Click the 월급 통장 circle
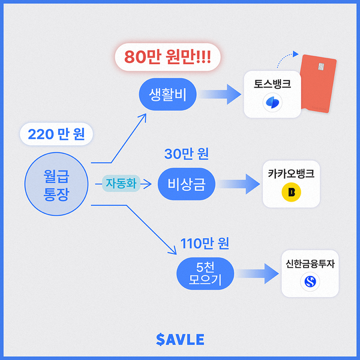[x=56, y=184]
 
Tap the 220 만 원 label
[x=56, y=134]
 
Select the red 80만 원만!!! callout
[x=167, y=57]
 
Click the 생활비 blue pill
[x=167, y=94]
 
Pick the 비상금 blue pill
[x=187, y=184]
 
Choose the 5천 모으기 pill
[x=205, y=274]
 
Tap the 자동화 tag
[x=121, y=184]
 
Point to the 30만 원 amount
[x=187, y=154]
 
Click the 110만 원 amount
[x=205, y=244]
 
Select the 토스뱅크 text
[x=272, y=84]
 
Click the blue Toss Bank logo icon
[x=272, y=103]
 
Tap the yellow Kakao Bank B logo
[x=291, y=192]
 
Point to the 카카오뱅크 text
[x=291, y=173]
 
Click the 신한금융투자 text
[x=310, y=263]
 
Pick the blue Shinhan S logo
[x=310, y=281]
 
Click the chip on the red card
[x=321, y=67]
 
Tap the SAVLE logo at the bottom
[x=180, y=340]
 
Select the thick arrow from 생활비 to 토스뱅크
[x=220, y=94]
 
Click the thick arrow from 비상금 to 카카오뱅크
[x=239, y=184]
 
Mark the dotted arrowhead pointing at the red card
[x=296, y=54]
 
